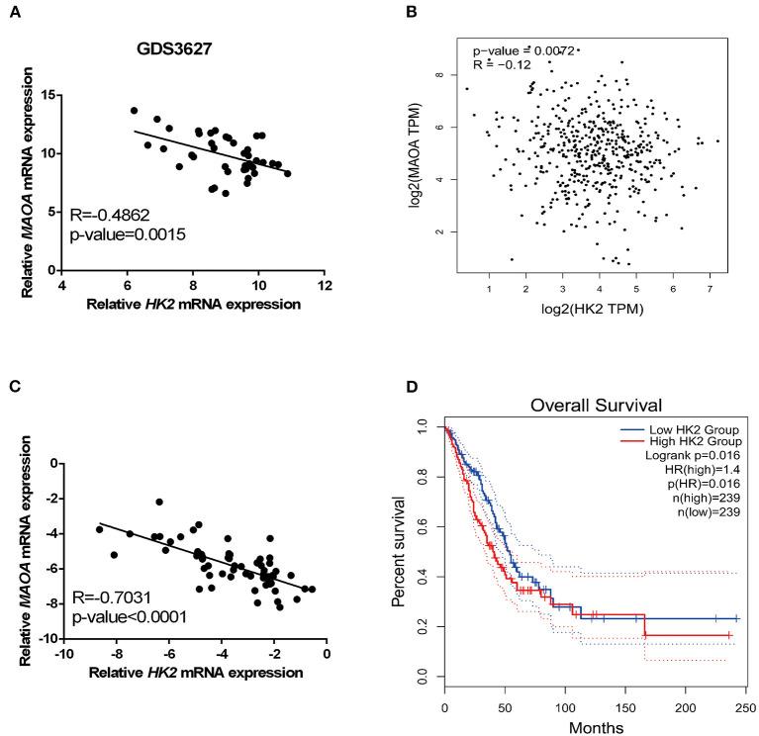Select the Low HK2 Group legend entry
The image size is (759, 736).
(x=689, y=431)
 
